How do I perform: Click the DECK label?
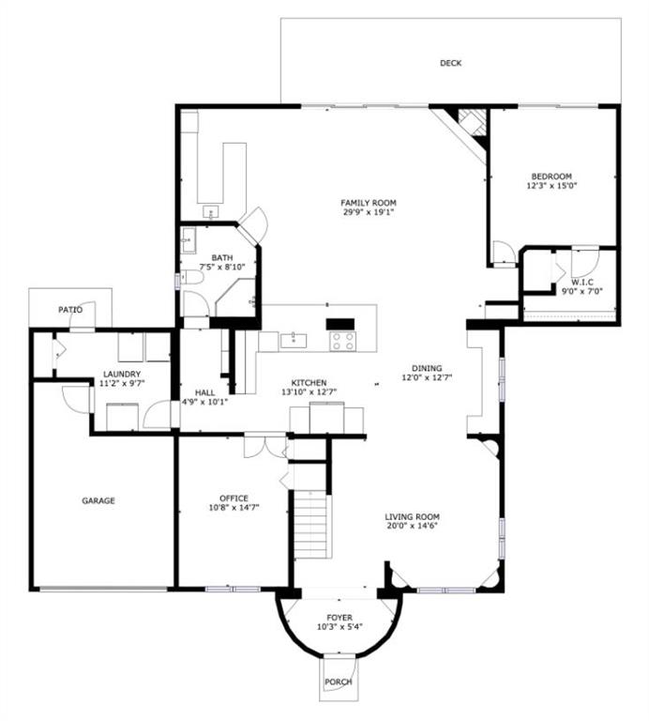(450, 63)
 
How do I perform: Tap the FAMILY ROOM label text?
(369, 203)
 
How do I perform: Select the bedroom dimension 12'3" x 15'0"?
(551, 186)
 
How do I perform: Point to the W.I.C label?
(582, 282)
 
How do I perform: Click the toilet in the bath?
(192, 277)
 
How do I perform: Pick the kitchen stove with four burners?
(342, 341)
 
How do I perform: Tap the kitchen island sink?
(294, 340)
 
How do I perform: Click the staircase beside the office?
(312, 524)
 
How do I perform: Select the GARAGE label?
(98, 500)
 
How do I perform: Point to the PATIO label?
(70, 310)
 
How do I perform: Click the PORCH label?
(339, 682)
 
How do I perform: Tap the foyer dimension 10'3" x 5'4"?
(340, 627)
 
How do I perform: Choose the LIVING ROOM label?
(412, 516)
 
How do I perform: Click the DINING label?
(427, 368)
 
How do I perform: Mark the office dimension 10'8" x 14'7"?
(234, 508)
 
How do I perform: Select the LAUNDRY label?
(122, 375)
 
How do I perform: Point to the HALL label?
(204, 392)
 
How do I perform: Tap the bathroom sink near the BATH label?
(189, 240)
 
